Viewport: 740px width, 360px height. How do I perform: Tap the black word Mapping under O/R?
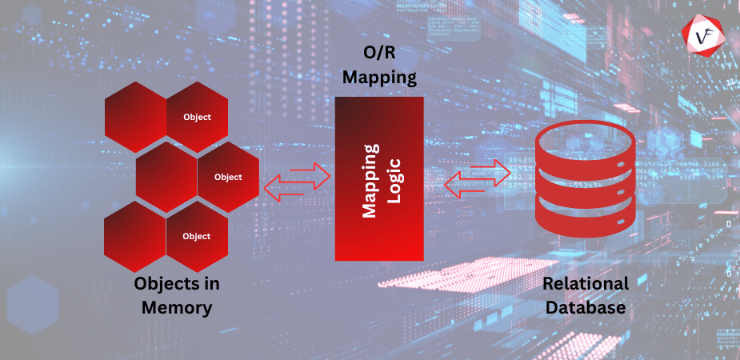tap(378, 78)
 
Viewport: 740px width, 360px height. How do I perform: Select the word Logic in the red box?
tap(393, 178)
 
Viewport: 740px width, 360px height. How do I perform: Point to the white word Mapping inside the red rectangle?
tap(370, 178)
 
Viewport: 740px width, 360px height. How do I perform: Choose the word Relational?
tap(586, 283)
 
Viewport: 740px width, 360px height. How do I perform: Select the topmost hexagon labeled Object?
tap(197, 117)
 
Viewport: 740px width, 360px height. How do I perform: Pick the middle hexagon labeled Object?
tap(228, 177)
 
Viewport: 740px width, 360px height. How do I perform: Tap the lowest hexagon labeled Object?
tap(197, 236)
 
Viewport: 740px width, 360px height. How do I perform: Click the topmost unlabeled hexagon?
tap(135, 117)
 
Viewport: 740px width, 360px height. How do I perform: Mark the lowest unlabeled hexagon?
tap(135, 236)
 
